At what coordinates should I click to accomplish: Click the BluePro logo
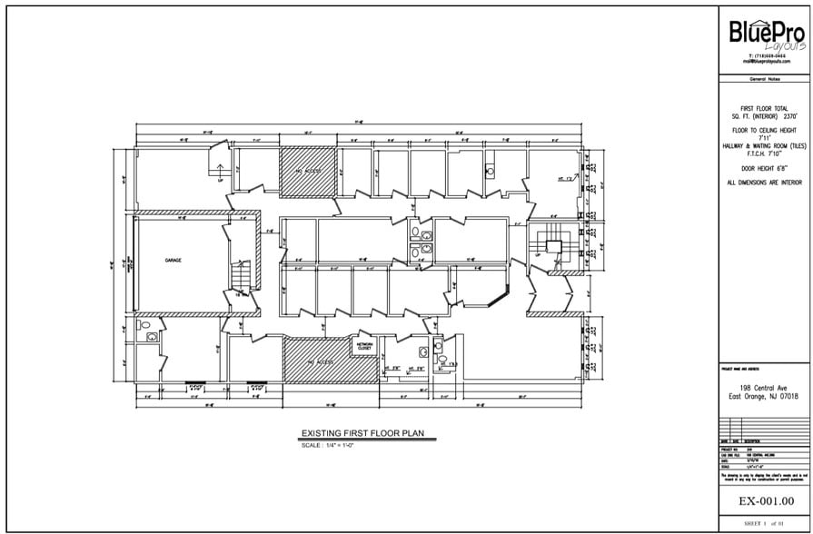(x=767, y=35)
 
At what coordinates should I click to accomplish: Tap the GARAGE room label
(x=173, y=260)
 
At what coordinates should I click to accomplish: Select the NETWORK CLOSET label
(x=364, y=346)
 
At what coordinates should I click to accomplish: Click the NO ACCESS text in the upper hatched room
(x=307, y=170)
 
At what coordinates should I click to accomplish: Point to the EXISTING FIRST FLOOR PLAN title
(x=363, y=434)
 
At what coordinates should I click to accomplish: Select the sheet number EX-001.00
(x=766, y=500)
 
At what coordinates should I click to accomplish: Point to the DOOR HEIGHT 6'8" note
(x=766, y=168)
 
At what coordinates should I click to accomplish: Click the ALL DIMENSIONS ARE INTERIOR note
(x=766, y=183)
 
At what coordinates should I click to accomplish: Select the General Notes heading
(x=766, y=81)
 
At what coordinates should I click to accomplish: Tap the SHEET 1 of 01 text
(x=766, y=524)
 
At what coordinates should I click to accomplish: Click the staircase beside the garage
(x=240, y=273)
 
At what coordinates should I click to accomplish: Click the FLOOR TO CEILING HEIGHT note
(x=766, y=130)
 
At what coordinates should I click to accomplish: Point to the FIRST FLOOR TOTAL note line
(x=766, y=108)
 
